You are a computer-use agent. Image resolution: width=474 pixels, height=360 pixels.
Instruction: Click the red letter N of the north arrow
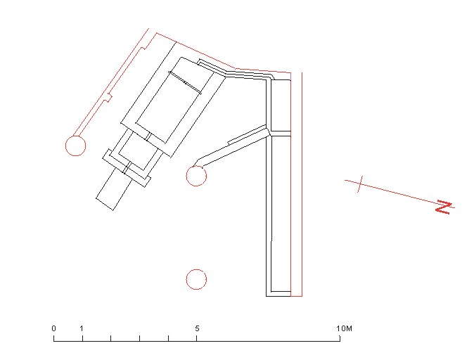(x=444, y=207)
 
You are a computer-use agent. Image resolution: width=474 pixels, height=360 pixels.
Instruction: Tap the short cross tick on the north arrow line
(x=360, y=184)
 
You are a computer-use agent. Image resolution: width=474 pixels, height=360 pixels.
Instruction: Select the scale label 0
(x=54, y=328)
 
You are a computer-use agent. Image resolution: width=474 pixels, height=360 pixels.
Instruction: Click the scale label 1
(x=82, y=328)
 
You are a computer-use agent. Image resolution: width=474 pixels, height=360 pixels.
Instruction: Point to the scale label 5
(x=197, y=328)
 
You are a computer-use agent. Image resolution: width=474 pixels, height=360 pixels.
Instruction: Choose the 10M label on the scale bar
(x=345, y=328)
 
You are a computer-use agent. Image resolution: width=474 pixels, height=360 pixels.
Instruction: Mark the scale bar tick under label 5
(x=197, y=338)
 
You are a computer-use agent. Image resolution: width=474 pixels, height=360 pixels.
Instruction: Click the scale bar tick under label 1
(x=82, y=338)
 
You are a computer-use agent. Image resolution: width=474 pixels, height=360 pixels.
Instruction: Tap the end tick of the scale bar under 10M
(x=340, y=338)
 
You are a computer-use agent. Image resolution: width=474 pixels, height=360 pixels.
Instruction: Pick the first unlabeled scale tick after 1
(x=111, y=338)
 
